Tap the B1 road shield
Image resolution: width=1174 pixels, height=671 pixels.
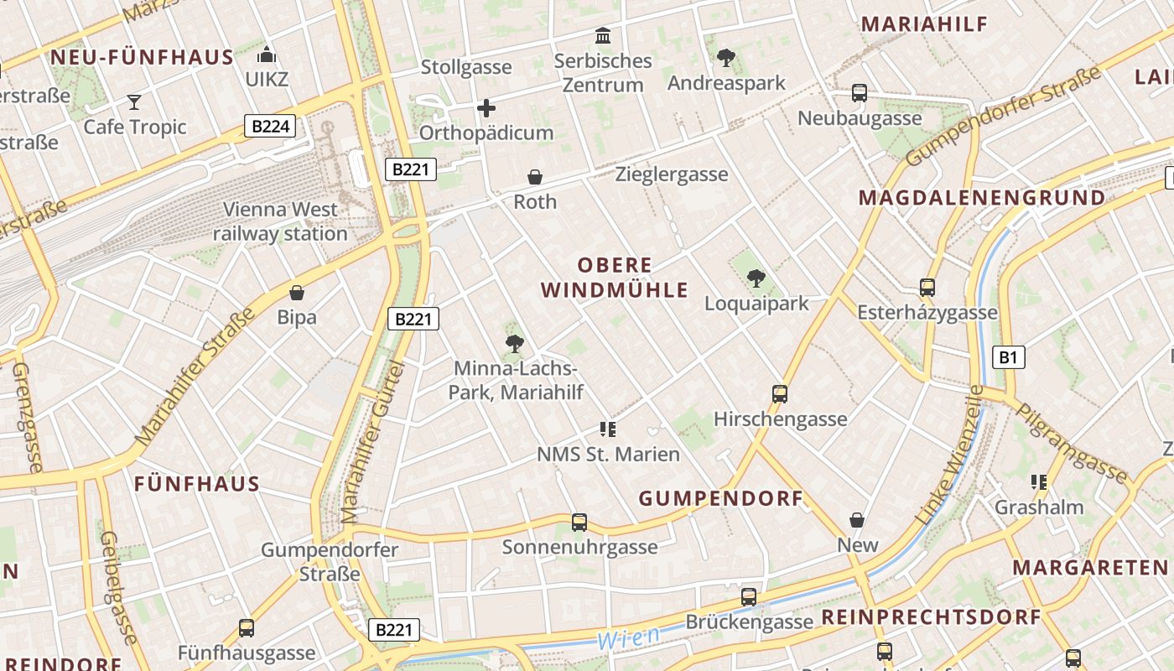(1008, 357)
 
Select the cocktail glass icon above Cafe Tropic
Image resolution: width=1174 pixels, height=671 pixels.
(134, 102)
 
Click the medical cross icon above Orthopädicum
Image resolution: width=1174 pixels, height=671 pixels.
(486, 108)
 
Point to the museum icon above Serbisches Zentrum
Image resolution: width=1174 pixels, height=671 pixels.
(603, 36)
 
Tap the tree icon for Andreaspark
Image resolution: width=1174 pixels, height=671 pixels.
(726, 58)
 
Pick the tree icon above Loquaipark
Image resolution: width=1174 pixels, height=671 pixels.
(756, 278)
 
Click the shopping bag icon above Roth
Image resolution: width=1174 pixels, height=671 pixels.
(535, 177)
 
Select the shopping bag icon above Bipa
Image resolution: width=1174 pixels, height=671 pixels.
(296, 293)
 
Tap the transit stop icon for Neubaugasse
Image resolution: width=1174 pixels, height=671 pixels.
(860, 93)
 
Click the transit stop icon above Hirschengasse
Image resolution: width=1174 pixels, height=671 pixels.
(780, 393)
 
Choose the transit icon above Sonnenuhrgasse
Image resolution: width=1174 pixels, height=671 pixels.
(579, 522)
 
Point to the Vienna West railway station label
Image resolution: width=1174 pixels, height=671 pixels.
(280, 221)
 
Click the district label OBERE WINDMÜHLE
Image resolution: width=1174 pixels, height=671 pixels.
(615, 278)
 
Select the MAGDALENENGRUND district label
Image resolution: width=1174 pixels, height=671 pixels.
(982, 198)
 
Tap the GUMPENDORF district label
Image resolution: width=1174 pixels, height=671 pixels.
(721, 498)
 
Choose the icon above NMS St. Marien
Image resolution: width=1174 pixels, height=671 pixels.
(608, 429)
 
